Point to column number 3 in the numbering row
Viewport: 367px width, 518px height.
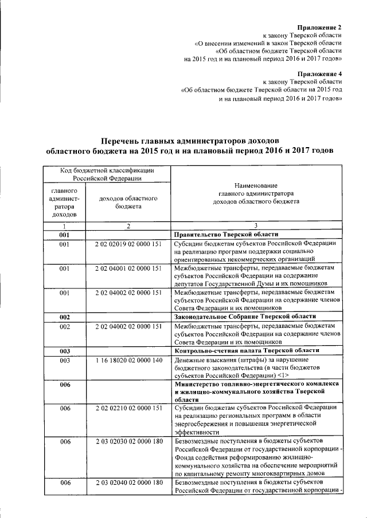tap(256, 226)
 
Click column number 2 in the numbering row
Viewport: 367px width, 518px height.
tap(128, 226)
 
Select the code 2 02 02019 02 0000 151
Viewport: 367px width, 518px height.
tap(128, 244)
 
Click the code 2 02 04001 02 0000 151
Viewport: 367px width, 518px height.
tap(128, 268)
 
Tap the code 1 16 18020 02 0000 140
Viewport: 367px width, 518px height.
tap(128, 361)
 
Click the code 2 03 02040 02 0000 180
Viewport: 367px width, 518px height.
tap(128, 483)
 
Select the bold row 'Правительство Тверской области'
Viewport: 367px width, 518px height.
tap(227, 235)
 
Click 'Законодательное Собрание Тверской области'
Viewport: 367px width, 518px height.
tap(245, 317)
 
